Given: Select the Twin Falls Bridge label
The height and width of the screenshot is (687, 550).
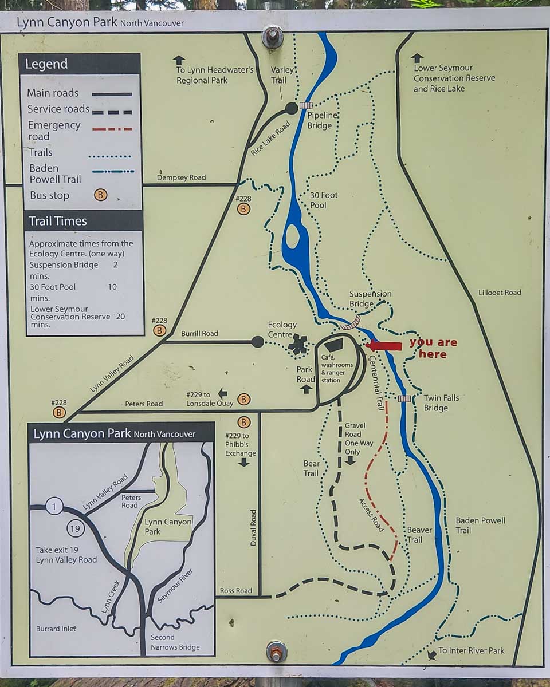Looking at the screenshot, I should pyautogui.click(x=441, y=403).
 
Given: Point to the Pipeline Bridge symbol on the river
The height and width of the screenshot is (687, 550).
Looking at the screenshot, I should pyautogui.click(x=305, y=105).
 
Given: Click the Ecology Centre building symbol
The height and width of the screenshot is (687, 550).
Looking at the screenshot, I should pyautogui.click(x=298, y=343).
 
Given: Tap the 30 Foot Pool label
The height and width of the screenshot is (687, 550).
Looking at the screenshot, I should pyautogui.click(x=324, y=200).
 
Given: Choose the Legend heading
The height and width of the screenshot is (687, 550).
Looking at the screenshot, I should pyautogui.click(x=46, y=64).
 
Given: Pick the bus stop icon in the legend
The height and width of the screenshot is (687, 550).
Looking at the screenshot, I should pyautogui.click(x=101, y=195).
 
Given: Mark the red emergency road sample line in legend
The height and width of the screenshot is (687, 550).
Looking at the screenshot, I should pyautogui.click(x=112, y=129).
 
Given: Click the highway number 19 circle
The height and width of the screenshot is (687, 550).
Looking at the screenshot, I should pyautogui.click(x=75, y=528).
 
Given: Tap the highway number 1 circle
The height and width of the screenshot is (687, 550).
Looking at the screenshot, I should pyautogui.click(x=54, y=506).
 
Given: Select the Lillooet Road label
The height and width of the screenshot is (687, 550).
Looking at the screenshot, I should pyautogui.click(x=500, y=293).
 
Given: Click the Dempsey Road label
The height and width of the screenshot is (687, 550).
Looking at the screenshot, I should pyautogui.click(x=182, y=177).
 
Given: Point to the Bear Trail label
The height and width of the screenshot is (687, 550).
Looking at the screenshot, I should pyautogui.click(x=311, y=468).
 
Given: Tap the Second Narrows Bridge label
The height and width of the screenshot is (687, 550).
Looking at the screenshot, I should pyautogui.click(x=175, y=642).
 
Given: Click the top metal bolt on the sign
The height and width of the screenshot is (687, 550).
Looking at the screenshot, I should pyautogui.click(x=272, y=38).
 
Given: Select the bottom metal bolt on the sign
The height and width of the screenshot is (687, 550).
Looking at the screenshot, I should pyautogui.click(x=276, y=651).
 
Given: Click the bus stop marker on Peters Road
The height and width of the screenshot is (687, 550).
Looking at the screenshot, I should pyautogui.click(x=244, y=399).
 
